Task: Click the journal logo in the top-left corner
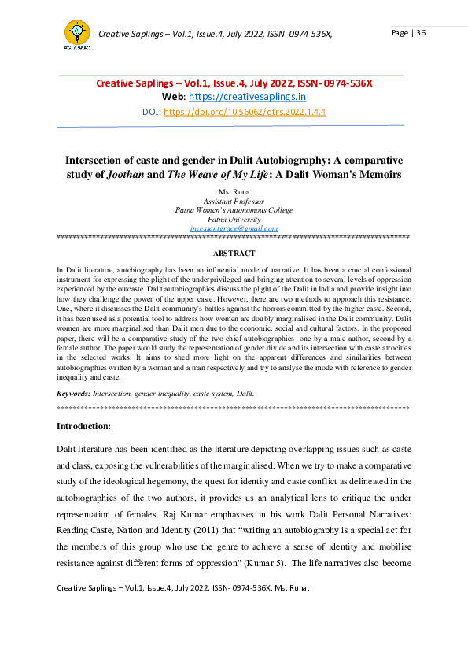(76, 33)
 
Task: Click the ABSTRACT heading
(234, 253)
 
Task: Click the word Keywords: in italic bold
(73, 392)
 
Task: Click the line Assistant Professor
(234, 201)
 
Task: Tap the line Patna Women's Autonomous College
(234, 209)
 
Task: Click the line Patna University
(234, 218)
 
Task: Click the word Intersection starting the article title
(95, 160)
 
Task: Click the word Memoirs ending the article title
(378, 174)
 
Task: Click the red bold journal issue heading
(234, 83)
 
